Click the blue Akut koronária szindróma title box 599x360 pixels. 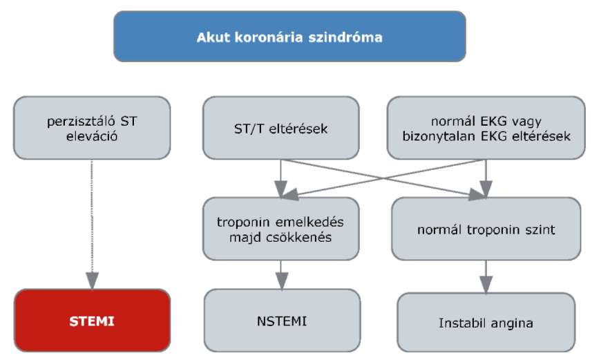tap(289, 37)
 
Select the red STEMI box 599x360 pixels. tap(92, 320)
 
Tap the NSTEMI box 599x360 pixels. tap(282, 320)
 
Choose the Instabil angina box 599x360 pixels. tap(486, 322)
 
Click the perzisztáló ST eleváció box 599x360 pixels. tap(92, 128)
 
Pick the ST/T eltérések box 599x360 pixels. tap(281, 128)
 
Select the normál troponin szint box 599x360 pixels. tap(486, 229)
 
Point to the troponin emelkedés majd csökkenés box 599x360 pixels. tap(281, 229)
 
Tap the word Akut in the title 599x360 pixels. tap(213, 37)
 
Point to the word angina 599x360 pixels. tap(512, 323)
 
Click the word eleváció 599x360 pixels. tap(92, 136)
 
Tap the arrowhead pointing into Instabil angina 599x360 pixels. tap(486, 285)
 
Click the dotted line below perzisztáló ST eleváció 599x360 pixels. tap(92, 216)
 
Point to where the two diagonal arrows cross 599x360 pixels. tap(383, 178)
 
